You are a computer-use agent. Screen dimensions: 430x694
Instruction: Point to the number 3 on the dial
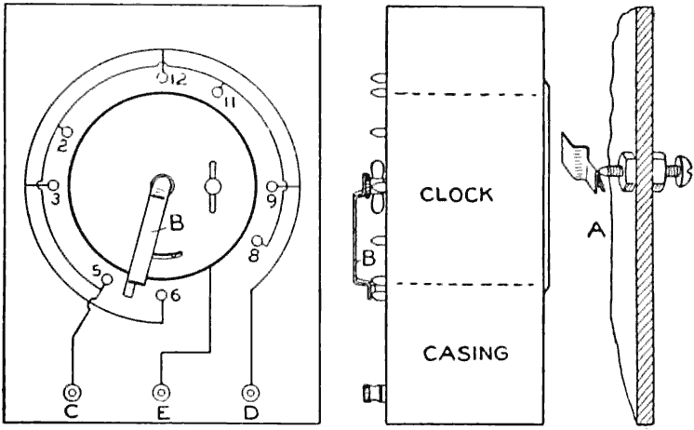(x=56, y=199)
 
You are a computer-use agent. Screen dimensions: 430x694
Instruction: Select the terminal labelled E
(x=163, y=393)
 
